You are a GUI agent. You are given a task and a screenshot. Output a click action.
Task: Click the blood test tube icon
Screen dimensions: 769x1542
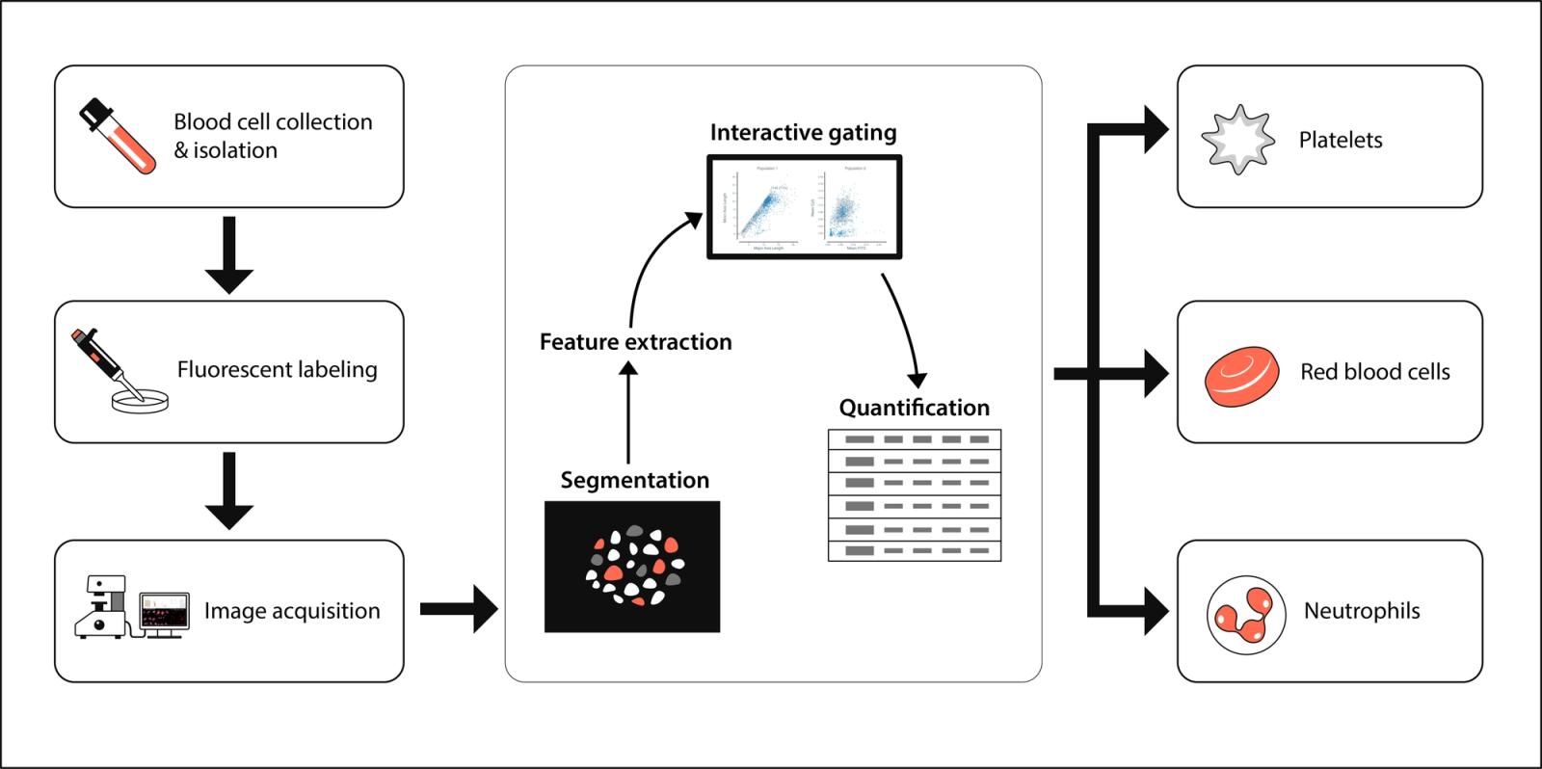tap(117, 136)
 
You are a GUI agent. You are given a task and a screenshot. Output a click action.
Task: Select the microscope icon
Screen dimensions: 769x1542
tap(102, 608)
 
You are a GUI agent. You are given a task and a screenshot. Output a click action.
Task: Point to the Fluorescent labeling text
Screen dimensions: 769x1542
tap(277, 370)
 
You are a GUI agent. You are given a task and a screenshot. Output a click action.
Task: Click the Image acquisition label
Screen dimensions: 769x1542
tap(292, 611)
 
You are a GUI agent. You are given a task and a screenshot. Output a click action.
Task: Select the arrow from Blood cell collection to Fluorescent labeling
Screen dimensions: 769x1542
tap(229, 254)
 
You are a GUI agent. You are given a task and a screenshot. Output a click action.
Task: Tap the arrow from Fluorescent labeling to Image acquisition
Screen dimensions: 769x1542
tap(229, 491)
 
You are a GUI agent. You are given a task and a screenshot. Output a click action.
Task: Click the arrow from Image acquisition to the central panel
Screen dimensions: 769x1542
tap(459, 608)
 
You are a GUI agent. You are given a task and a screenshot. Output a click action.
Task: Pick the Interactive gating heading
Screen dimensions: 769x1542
tap(803, 132)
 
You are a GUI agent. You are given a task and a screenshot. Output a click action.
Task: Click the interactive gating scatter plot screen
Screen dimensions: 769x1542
tap(805, 207)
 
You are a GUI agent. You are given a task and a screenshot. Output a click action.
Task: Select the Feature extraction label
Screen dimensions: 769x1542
tap(635, 342)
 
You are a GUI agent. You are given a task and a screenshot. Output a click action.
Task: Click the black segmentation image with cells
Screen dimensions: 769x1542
tap(632, 567)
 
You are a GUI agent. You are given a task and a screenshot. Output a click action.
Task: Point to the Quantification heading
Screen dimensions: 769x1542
tap(914, 408)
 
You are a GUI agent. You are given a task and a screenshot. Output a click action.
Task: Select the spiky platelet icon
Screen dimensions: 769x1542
tap(1237, 140)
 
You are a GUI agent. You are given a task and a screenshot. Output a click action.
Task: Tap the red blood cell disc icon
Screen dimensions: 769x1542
tap(1241, 375)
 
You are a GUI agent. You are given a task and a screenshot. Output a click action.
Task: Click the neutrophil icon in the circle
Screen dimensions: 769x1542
tap(1246, 615)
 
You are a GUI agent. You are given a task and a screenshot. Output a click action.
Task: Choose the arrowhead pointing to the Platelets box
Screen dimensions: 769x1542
tap(1156, 129)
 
